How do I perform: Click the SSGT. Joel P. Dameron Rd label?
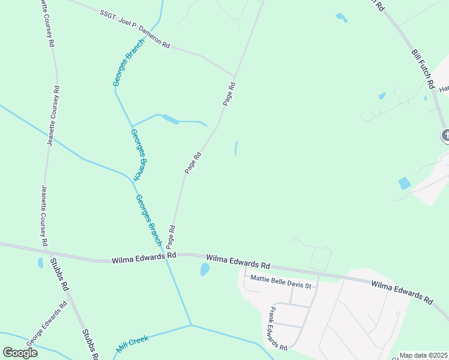[136, 34]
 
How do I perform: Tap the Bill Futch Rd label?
[424, 70]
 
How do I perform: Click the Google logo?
[20, 353]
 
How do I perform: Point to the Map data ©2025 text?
[423, 355]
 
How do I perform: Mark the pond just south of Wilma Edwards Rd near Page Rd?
[205, 270]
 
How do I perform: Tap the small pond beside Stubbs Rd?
[40, 263]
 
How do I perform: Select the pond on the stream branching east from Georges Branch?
[170, 119]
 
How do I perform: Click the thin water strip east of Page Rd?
[236, 148]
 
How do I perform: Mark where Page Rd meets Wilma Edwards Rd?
[170, 254]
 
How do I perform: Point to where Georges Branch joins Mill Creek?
[191, 325]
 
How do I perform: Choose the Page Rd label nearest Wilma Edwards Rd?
[172, 236]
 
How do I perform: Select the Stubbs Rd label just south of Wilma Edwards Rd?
[59, 274]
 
